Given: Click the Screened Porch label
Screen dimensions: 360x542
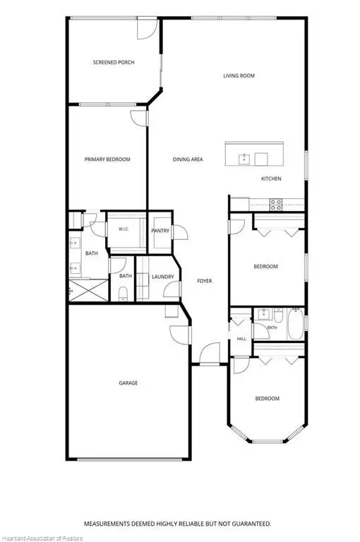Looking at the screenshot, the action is [x=114, y=62].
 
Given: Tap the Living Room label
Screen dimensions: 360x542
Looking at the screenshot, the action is [x=239, y=76].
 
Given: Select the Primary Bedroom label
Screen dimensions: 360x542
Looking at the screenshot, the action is [x=107, y=159].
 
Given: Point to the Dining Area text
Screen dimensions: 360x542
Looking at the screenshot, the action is [x=188, y=159].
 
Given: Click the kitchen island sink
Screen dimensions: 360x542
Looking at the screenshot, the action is [x=244, y=159].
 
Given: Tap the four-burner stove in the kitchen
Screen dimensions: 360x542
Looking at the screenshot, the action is [x=276, y=205].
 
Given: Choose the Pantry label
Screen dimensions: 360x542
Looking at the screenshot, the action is [x=160, y=231].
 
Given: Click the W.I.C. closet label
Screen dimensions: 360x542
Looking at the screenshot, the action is [x=124, y=229].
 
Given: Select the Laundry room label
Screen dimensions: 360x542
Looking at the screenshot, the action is [x=162, y=277].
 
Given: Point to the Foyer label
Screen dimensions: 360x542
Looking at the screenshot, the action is [x=205, y=281].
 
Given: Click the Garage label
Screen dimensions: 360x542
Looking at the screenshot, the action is [x=128, y=383].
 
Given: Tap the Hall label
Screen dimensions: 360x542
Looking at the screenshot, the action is [x=241, y=339].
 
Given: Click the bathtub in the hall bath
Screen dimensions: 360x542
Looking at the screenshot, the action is [x=295, y=323].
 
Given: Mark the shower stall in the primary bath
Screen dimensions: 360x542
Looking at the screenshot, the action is [x=88, y=290].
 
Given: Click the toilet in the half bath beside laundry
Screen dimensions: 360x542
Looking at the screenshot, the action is [x=123, y=294].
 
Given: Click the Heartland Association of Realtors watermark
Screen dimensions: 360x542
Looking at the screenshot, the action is [x=42, y=538].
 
